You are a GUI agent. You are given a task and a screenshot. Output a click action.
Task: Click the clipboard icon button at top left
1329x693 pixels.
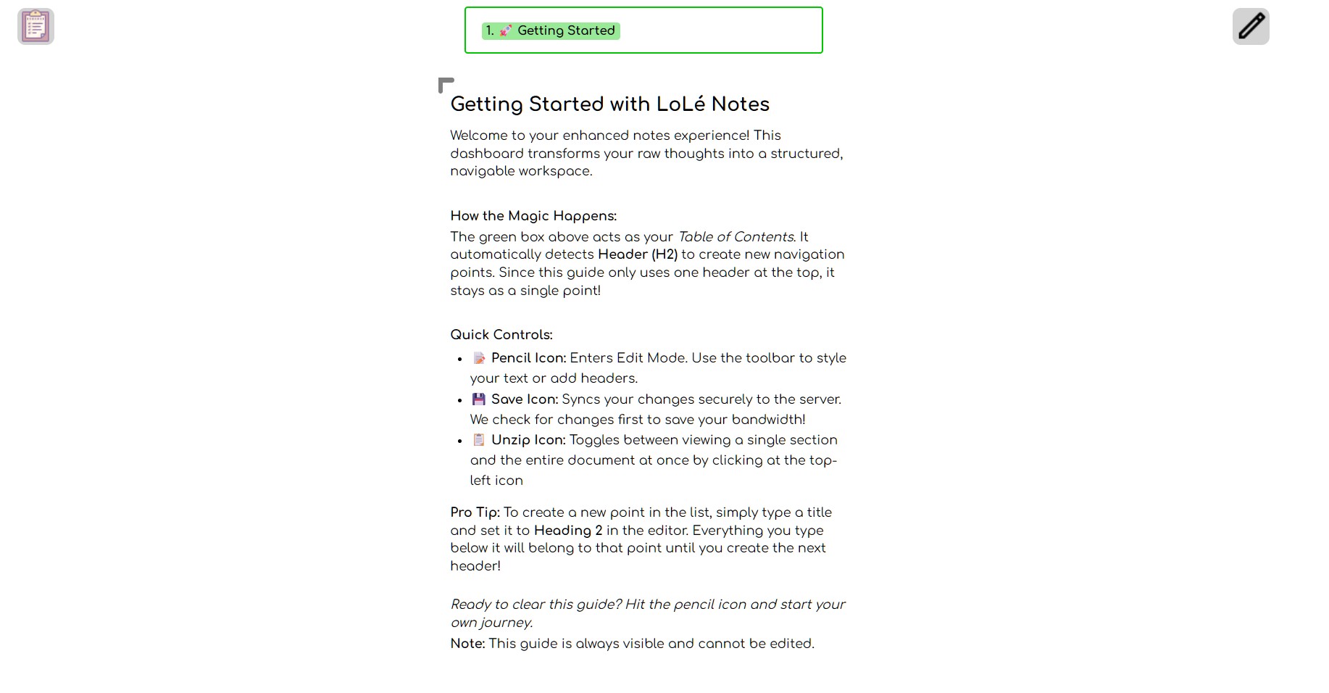[x=36, y=27]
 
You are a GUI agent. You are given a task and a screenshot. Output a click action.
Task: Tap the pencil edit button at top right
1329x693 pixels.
[x=1250, y=27]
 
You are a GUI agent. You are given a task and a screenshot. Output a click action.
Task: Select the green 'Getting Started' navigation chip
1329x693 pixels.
[x=551, y=30]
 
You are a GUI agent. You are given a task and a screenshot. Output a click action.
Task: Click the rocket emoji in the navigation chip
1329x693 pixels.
[x=506, y=30]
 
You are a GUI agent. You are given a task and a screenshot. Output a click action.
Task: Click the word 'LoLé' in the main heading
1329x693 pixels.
[x=680, y=104]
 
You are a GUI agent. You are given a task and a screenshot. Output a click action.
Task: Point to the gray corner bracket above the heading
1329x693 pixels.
[x=445, y=84]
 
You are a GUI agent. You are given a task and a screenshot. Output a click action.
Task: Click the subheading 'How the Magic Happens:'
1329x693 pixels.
[x=533, y=216]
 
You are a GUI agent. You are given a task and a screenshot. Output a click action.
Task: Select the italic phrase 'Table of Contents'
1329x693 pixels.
[x=736, y=237]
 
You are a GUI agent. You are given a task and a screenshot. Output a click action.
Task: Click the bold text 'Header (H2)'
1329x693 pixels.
[x=637, y=254]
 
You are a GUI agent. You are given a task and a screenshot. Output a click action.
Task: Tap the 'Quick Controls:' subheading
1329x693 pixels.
[x=501, y=335]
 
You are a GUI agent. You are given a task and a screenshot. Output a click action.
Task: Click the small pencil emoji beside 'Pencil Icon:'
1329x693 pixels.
[x=479, y=358]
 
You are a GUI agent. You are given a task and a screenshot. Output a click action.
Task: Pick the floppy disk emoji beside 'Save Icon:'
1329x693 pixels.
[x=479, y=399]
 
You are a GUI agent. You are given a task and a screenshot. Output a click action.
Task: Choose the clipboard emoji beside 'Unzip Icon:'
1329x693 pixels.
[x=479, y=440]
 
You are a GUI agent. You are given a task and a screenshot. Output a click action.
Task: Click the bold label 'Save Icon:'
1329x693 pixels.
[x=525, y=399]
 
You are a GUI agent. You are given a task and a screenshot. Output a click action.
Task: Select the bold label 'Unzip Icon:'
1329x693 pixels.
[x=528, y=440]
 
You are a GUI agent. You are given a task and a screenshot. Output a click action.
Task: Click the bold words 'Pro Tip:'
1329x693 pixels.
[x=475, y=513]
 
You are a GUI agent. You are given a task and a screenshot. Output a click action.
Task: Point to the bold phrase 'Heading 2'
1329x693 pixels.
[x=568, y=531]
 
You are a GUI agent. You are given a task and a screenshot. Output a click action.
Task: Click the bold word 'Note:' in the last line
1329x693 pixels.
[x=467, y=644]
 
